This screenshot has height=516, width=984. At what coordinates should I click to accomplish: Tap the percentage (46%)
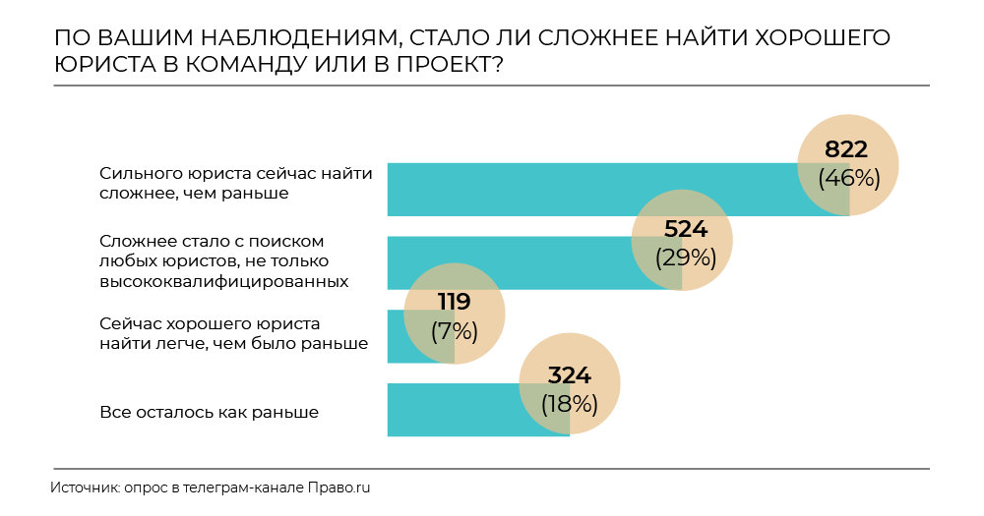click(x=846, y=178)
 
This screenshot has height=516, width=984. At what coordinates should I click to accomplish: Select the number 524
click(x=685, y=230)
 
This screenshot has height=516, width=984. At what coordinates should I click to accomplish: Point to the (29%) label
click(x=685, y=258)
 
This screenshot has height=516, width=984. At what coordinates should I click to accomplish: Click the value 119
click(x=455, y=302)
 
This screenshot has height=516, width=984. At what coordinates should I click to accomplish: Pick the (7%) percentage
click(x=455, y=330)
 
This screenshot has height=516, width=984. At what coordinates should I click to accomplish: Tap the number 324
click(x=569, y=374)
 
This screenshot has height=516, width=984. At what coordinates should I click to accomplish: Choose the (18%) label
click(x=569, y=403)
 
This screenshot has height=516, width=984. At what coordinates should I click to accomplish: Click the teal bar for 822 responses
click(x=590, y=190)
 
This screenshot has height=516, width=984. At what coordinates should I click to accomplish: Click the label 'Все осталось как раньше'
click(x=209, y=412)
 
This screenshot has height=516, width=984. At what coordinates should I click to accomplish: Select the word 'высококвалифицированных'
click(x=224, y=281)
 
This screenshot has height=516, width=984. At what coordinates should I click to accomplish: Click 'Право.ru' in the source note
click(x=338, y=487)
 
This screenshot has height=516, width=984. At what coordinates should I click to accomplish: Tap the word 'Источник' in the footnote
click(x=84, y=487)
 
